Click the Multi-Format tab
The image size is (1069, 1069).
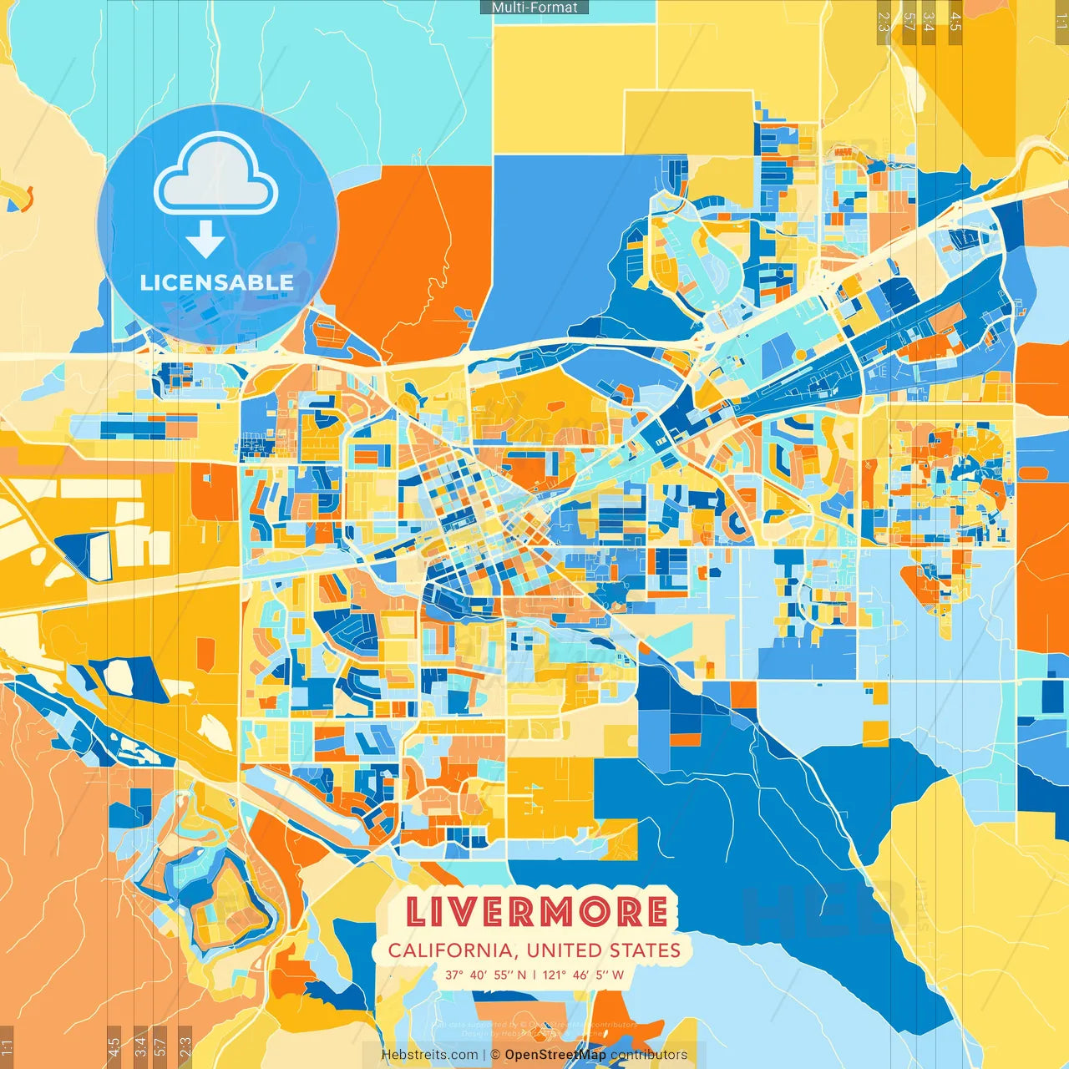(534, 8)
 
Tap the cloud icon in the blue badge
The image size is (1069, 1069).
(216, 175)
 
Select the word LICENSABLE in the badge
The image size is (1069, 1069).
(217, 282)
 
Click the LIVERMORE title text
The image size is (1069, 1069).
(536, 912)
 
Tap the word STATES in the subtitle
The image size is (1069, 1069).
(645, 950)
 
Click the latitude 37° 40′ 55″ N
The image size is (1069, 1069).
(485, 975)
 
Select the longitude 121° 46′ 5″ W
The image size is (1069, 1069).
(584, 975)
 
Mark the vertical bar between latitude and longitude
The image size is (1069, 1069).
(534, 975)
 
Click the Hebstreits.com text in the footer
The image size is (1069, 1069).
(429, 1055)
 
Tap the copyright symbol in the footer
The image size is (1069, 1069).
(494, 1055)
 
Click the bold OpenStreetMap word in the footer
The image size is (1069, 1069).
(555, 1055)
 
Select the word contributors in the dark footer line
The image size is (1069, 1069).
(649, 1055)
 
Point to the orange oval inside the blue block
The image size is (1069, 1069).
(1032, 474)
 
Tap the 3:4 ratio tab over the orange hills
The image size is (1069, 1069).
(140, 1044)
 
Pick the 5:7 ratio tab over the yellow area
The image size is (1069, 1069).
(909, 22)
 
